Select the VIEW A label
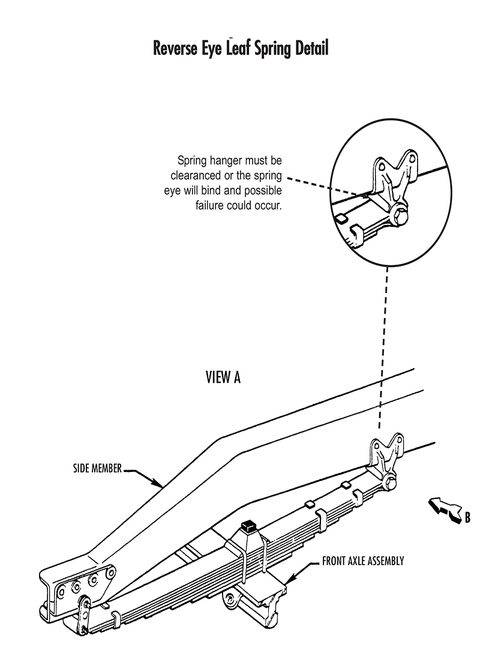(223, 377)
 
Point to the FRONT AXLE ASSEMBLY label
(363, 561)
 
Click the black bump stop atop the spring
(247, 527)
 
